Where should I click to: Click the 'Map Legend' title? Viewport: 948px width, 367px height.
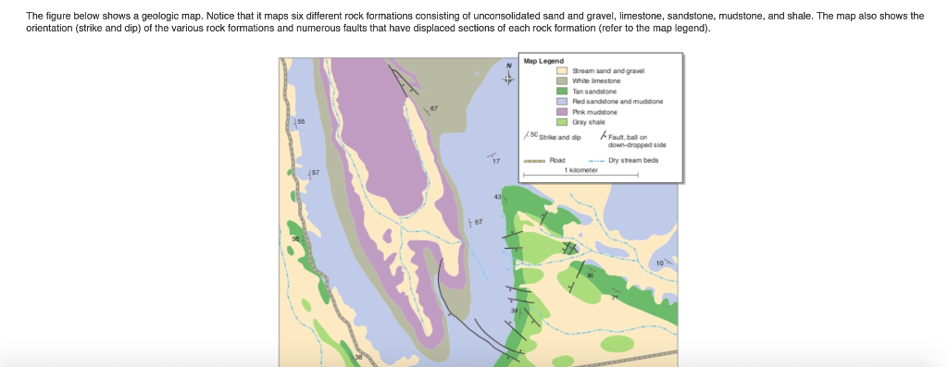click(543, 62)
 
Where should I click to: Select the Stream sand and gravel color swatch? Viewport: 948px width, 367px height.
click(561, 71)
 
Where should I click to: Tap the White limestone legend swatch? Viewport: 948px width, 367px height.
click(561, 81)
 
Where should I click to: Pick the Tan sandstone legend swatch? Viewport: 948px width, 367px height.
click(561, 92)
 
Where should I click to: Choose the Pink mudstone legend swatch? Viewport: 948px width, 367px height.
click(561, 111)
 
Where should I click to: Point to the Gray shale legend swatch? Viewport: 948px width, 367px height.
click(561, 121)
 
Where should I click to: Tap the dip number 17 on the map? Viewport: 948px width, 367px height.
click(496, 161)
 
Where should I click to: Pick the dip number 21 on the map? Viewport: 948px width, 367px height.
click(614, 296)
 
